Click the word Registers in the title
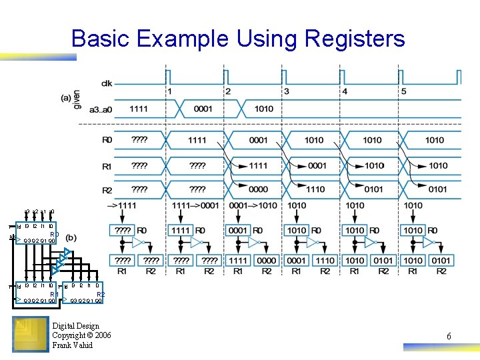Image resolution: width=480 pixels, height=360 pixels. coord(353,39)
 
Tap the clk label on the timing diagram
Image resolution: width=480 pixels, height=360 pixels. coord(107,83)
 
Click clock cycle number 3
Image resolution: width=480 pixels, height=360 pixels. coord(287,91)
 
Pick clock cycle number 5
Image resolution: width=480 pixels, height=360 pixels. coord(403,91)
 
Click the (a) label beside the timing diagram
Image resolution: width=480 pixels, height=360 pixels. coord(65,97)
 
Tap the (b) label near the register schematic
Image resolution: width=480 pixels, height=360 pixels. coord(71,238)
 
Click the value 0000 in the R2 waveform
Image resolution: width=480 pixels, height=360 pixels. coord(257,189)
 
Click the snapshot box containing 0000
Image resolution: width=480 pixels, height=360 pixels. coord(266,260)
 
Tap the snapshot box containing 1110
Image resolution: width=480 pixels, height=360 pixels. coord(324,260)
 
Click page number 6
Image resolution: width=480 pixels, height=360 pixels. coord(449,337)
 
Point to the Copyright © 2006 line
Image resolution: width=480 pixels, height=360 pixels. coord(81,335)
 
